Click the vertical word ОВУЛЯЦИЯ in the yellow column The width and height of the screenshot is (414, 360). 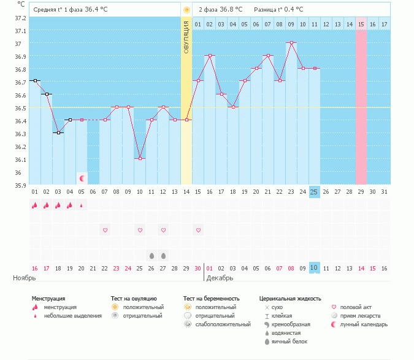click(x=186, y=36)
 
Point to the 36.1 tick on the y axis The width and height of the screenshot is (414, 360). click(x=21, y=159)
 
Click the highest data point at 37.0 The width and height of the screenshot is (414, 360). click(x=291, y=43)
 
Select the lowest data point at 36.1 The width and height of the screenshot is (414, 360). click(x=140, y=158)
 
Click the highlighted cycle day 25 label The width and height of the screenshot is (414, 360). click(x=314, y=191)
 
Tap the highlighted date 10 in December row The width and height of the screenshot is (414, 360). click(x=314, y=268)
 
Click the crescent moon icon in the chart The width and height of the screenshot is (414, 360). click(x=82, y=178)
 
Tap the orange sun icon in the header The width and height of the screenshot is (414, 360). click(x=186, y=10)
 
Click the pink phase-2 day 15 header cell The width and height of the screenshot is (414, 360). click(x=361, y=24)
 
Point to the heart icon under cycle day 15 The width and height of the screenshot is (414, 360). click(x=198, y=230)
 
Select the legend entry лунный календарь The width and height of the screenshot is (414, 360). click(x=361, y=324)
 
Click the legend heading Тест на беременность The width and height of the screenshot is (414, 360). click(x=211, y=299)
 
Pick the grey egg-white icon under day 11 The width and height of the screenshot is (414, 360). click(x=151, y=255)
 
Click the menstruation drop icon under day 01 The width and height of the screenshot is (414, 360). click(x=34, y=205)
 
